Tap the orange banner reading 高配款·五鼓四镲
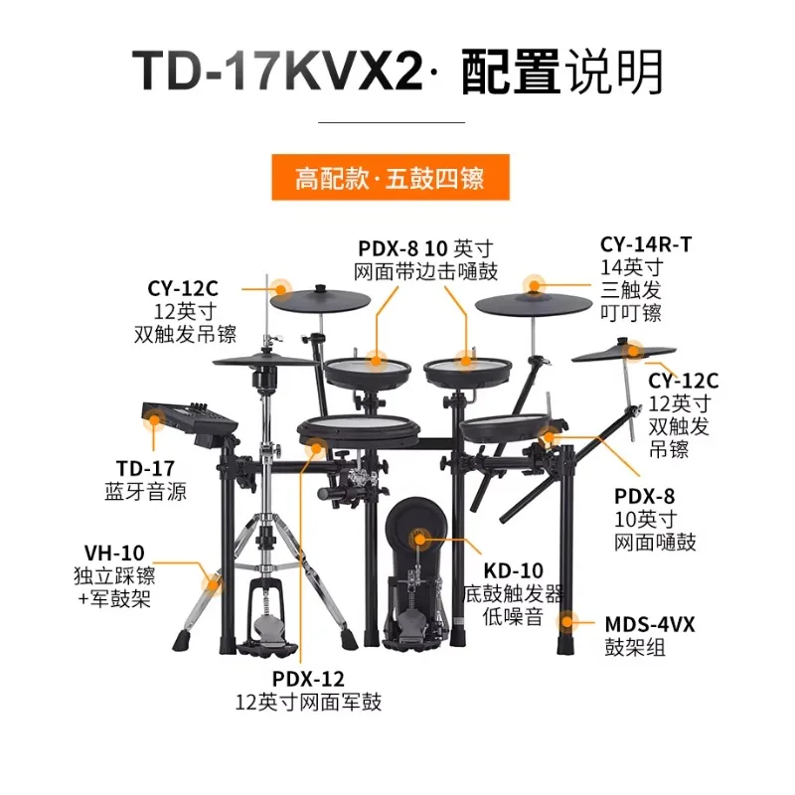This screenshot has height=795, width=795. click(x=391, y=178)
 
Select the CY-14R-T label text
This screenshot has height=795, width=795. click(x=645, y=244)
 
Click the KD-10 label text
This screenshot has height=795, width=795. click(x=513, y=570)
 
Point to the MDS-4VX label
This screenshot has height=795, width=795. click(x=650, y=625)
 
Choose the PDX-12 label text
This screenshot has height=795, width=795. click(x=308, y=679)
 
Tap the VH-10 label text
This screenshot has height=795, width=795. click(x=114, y=553)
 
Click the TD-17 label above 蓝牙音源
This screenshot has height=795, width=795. click(x=145, y=468)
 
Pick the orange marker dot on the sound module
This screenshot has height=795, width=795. click(x=154, y=419)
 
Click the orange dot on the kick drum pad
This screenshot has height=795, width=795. click(x=419, y=539)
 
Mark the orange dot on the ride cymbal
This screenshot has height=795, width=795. click(x=534, y=285)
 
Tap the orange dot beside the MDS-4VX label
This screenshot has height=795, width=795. click(x=566, y=622)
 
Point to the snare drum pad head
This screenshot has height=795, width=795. click(x=359, y=423)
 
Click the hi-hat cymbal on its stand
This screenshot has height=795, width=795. click(x=264, y=361)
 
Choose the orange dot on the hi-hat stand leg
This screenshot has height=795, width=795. click(x=212, y=584)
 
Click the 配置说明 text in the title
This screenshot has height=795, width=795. click(x=561, y=72)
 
